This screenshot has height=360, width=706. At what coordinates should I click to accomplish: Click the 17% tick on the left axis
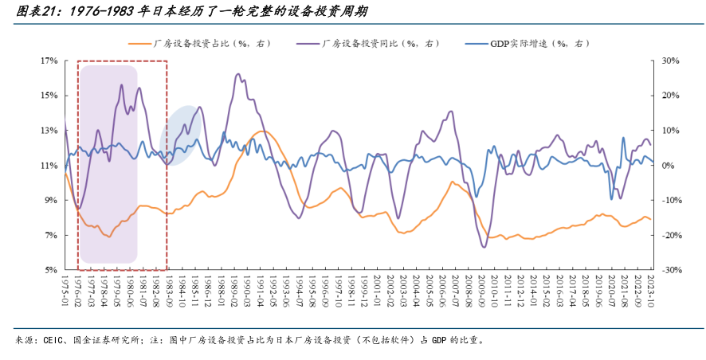49,61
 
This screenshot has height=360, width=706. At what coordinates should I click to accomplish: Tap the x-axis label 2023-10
649,291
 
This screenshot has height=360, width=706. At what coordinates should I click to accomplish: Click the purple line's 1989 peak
238,75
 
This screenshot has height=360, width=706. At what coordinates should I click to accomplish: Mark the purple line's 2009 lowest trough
484,247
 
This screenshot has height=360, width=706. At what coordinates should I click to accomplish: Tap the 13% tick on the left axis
49,131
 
